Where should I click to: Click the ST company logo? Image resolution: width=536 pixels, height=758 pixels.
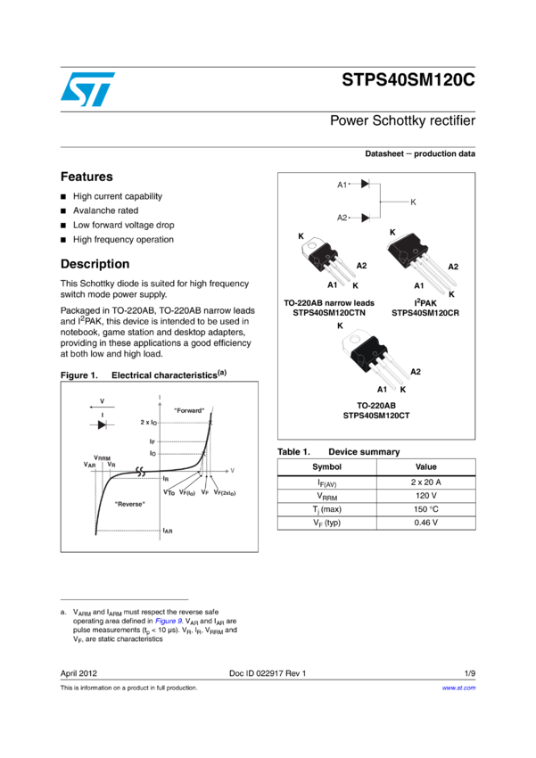coord(87,89)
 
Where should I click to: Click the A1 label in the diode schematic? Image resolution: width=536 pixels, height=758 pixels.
coord(342,185)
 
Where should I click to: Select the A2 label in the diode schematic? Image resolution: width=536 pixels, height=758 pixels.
coord(342,218)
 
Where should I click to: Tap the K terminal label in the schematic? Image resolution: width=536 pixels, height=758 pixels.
coord(413,202)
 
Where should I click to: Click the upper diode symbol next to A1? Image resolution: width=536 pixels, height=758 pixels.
coord(365,184)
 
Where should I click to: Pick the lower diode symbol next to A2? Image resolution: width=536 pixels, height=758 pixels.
coord(365,218)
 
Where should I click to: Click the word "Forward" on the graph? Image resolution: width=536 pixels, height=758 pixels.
coord(189,410)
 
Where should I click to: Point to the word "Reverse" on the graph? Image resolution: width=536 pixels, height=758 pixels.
coord(130,504)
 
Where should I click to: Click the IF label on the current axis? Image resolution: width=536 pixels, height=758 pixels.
coord(153,441)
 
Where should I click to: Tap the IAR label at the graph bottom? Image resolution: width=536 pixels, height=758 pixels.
coord(166,531)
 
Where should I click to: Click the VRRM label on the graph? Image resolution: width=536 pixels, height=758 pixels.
coord(103,457)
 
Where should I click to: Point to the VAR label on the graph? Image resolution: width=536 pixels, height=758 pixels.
coord(89,465)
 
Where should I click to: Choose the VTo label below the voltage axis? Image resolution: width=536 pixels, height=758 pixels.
coord(169,492)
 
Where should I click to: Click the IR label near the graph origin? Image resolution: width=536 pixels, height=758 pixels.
coord(166,479)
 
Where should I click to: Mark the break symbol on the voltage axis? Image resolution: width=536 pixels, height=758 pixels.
coord(140,471)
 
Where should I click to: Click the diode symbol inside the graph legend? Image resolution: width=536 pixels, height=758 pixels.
coord(102,424)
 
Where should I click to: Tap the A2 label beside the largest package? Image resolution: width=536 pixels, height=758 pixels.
coord(453,267)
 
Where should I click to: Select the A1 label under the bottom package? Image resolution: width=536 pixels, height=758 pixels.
coord(382,390)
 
